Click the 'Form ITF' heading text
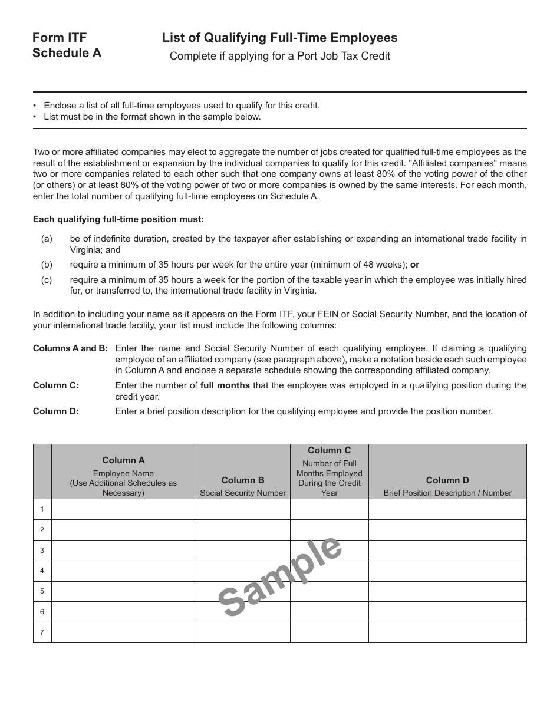60,38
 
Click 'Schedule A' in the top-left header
67,53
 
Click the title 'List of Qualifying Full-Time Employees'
279,38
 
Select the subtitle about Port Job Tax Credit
279,57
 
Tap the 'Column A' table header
123,460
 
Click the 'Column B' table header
243,480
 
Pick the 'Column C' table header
329,450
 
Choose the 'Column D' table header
447,480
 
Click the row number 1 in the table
42,509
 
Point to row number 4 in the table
42,571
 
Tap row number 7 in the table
42,632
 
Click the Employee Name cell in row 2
123,530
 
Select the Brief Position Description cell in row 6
447,612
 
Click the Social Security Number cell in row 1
243,509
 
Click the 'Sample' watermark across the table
280,575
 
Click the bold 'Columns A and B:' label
71,348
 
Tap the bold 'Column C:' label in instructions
56,385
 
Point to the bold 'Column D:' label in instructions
56,411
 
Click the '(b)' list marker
47,265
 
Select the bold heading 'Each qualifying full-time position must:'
118,219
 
